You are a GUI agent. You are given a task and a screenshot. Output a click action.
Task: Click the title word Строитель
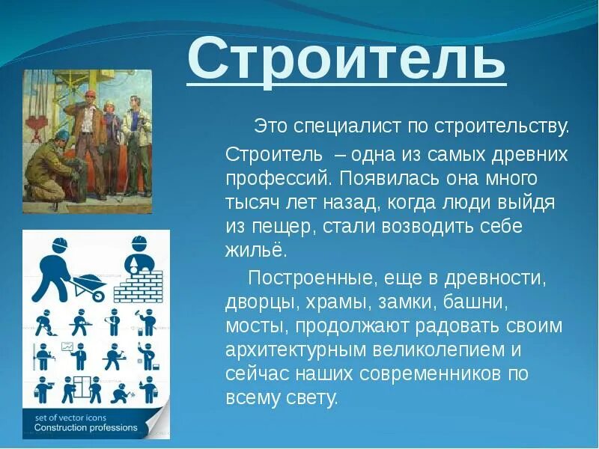(x=346, y=59)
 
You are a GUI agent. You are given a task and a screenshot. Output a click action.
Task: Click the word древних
(x=529, y=155)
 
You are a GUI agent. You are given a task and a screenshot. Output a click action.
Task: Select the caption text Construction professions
(x=85, y=428)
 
